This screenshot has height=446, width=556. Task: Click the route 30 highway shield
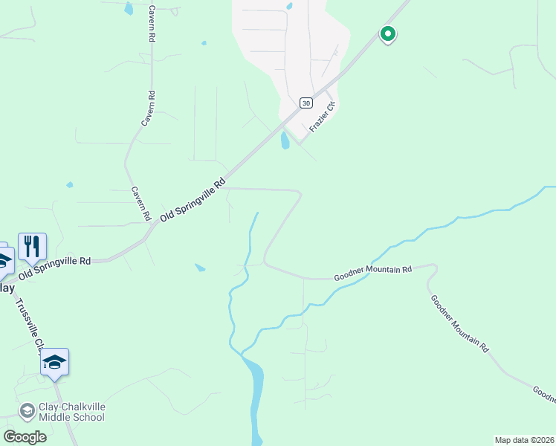[x=306, y=103]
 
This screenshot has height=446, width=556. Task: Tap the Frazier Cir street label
[x=323, y=117]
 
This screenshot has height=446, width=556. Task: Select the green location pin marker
[x=387, y=33]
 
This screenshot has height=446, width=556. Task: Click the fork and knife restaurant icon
[x=32, y=246]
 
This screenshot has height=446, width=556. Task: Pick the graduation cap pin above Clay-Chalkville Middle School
[x=54, y=362]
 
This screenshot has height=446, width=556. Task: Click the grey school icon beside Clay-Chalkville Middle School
[x=27, y=411]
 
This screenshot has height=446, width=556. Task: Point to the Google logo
[x=25, y=437]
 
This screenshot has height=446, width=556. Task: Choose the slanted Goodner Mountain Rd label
[x=459, y=323]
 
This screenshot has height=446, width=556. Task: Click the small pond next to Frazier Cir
[x=285, y=140]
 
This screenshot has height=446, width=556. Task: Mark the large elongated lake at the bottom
[x=256, y=394]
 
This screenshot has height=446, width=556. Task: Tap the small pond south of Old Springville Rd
[x=199, y=267]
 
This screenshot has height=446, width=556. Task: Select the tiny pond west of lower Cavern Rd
[x=70, y=184]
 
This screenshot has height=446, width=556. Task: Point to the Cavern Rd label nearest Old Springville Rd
[x=141, y=203]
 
